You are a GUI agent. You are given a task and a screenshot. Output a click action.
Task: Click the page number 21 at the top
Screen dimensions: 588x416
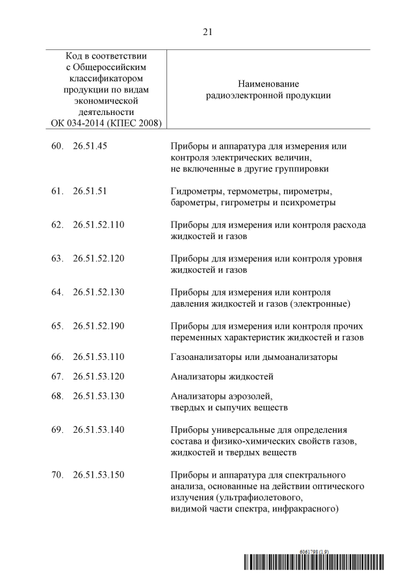[208, 31]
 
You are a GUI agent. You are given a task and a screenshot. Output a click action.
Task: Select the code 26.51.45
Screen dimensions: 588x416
[90, 146]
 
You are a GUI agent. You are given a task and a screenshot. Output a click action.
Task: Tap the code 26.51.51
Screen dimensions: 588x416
[90, 192]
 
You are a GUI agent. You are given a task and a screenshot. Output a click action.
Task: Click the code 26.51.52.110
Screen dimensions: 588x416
[99, 225]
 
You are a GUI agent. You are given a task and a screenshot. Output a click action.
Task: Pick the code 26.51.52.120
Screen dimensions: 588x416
[99, 259]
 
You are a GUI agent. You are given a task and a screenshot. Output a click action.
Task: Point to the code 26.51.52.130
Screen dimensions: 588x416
[99, 292]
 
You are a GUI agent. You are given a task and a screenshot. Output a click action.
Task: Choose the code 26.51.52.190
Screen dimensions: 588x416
[99, 326]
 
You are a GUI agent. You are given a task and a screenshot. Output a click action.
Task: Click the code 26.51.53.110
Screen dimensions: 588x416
[99, 357]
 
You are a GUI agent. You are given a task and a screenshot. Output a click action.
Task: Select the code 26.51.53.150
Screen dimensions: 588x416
[99, 474]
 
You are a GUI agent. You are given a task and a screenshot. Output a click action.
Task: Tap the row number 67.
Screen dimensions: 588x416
[57, 376]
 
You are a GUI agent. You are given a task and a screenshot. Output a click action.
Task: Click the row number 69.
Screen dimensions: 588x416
[57, 429]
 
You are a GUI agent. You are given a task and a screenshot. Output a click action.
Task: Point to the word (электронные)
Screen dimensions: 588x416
[320, 303]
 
